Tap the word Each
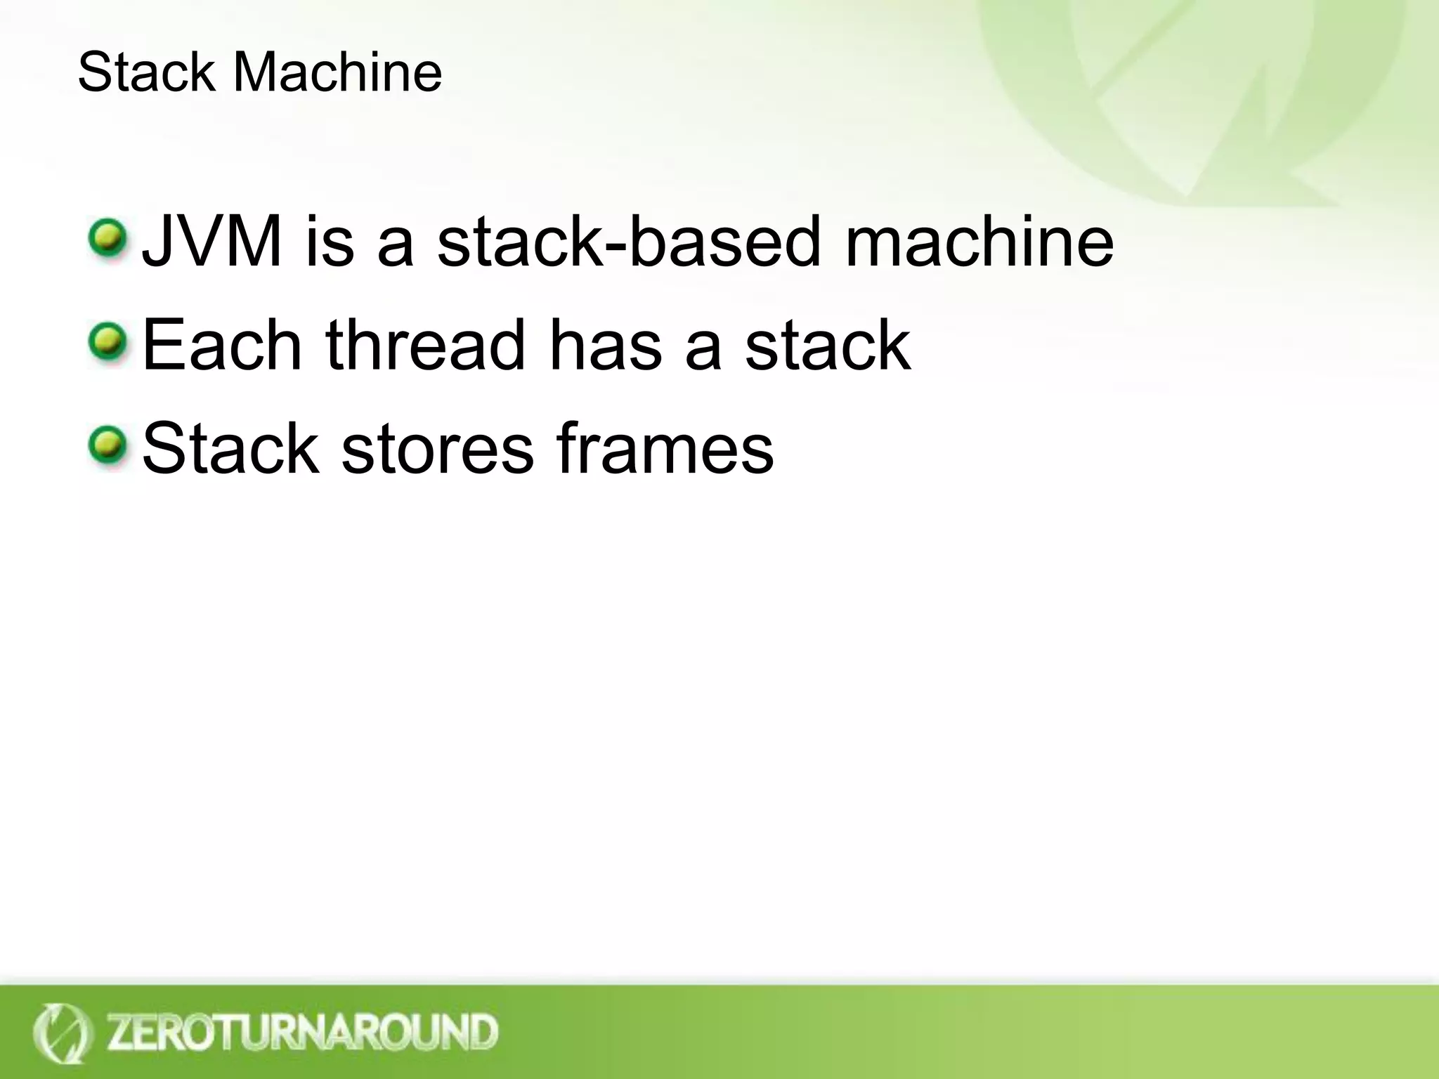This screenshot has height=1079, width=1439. coord(222,345)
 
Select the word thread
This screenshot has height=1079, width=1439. coord(425,345)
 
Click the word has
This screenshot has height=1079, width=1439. coord(606,345)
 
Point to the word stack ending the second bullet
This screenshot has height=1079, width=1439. coord(827,345)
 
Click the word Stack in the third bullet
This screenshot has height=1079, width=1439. coord(230,449)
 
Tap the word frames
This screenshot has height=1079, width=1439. coord(665,449)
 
